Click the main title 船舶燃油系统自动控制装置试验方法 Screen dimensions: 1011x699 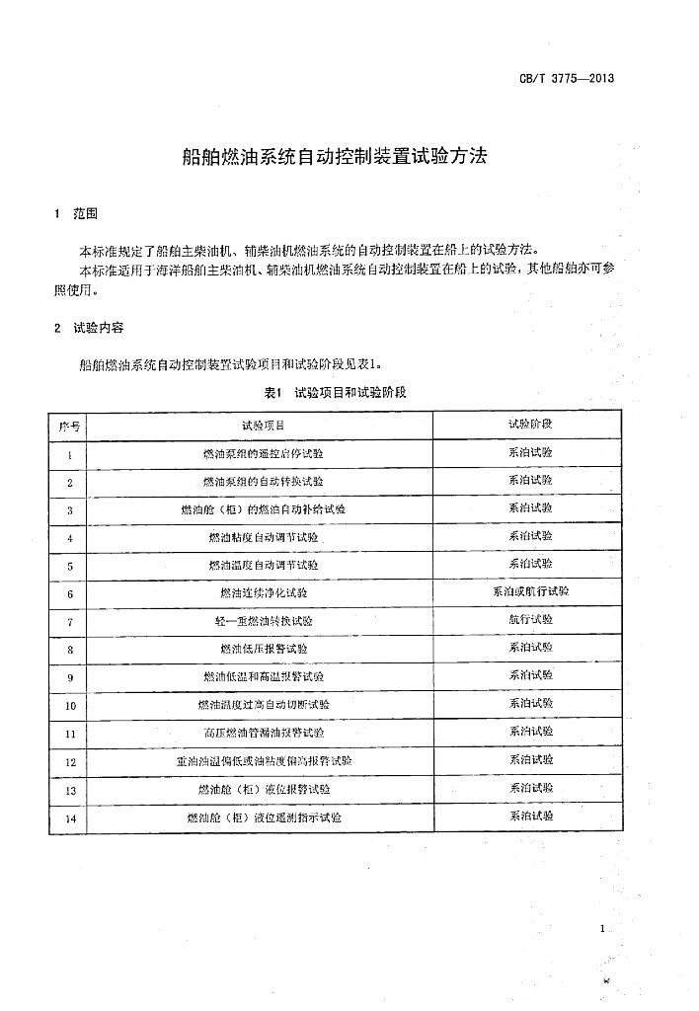click(x=336, y=156)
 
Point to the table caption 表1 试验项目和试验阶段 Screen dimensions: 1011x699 click(x=336, y=392)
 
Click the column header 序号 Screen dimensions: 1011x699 click(x=70, y=426)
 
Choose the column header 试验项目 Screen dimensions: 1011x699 click(x=263, y=426)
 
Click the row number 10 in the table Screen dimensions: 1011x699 click(x=70, y=706)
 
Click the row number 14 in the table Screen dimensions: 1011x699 click(x=70, y=818)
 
